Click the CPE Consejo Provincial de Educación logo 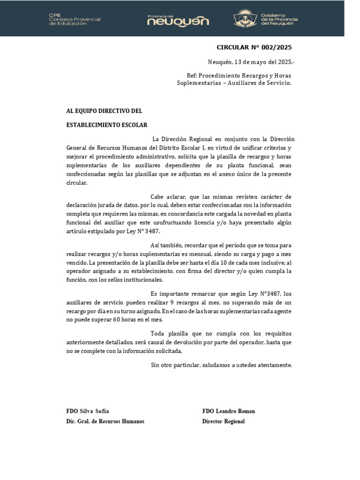tap(75, 19)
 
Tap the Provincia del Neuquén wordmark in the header tap(178, 20)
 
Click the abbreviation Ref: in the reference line tap(192, 75)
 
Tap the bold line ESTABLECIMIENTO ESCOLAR tap(107, 125)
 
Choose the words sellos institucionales tap(139, 280)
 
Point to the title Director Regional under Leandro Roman tap(224, 421)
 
